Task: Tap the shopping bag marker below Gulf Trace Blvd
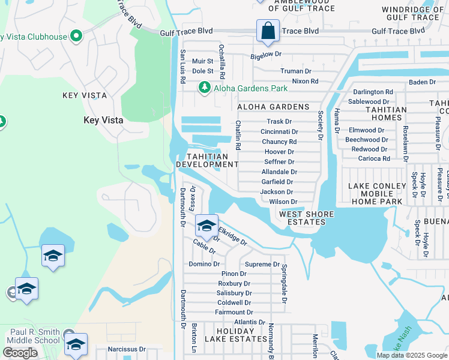click(x=267, y=31)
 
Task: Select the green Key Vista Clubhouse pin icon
click(x=76, y=37)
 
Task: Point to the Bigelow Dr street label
click(x=266, y=54)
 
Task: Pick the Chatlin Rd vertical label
click(x=238, y=135)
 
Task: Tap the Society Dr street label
click(x=321, y=122)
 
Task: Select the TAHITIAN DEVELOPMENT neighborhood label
click(x=207, y=160)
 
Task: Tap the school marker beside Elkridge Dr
click(x=206, y=226)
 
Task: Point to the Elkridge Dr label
click(x=232, y=236)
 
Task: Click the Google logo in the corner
click(x=20, y=353)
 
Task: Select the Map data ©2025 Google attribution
click(x=411, y=355)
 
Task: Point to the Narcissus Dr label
click(x=127, y=349)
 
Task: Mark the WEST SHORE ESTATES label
click(x=302, y=218)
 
